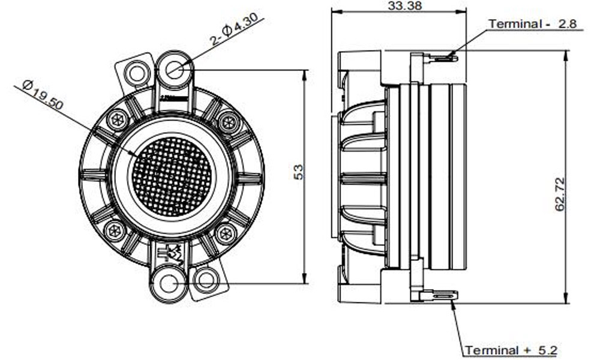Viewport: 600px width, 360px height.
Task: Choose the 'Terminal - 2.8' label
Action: (532, 24)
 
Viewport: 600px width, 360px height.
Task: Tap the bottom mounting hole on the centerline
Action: (166, 283)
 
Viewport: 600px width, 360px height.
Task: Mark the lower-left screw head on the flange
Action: (113, 230)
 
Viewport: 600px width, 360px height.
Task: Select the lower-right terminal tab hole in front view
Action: (206, 280)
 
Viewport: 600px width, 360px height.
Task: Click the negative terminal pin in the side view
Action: (443, 58)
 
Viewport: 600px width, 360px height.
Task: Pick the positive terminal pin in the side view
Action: (443, 295)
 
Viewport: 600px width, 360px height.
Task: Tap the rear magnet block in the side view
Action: (448, 177)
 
